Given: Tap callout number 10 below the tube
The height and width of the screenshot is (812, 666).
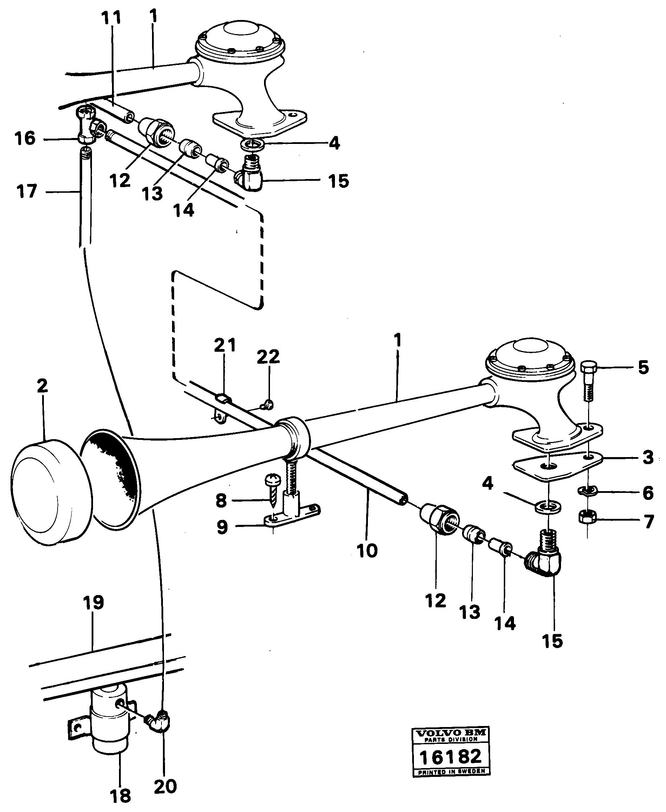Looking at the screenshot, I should [367, 551].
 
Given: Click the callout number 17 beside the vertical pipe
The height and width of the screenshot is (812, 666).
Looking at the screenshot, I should [27, 191].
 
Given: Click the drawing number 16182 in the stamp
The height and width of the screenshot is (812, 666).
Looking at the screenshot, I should [450, 757].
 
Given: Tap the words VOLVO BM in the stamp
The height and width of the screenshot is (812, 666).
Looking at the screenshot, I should [450, 733].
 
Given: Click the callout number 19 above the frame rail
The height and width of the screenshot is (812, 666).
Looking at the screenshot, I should [94, 602].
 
